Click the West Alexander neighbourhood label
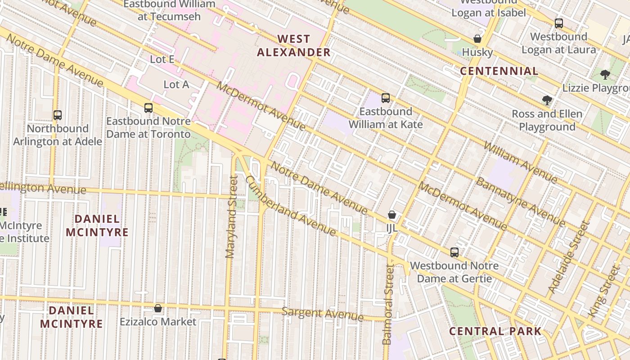(x=294, y=45)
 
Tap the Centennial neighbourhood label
(x=499, y=71)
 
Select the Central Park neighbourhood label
(x=495, y=332)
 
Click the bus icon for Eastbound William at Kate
(x=386, y=98)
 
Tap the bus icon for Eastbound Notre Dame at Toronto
(x=148, y=108)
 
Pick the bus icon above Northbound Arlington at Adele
(x=57, y=115)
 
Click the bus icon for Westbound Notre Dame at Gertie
(x=454, y=252)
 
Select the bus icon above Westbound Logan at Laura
(x=559, y=23)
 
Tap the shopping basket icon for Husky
(x=477, y=39)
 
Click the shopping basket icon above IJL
(x=392, y=215)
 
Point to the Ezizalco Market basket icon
(x=158, y=308)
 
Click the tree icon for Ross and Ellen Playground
(x=547, y=100)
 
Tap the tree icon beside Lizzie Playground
(x=605, y=75)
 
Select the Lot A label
(x=176, y=85)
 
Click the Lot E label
(x=162, y=59)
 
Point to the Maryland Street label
(x=231, y=217)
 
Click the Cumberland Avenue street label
(x=290, y=206)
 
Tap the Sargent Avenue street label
(x=322, y=314)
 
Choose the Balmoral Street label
(x=388, y=305)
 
